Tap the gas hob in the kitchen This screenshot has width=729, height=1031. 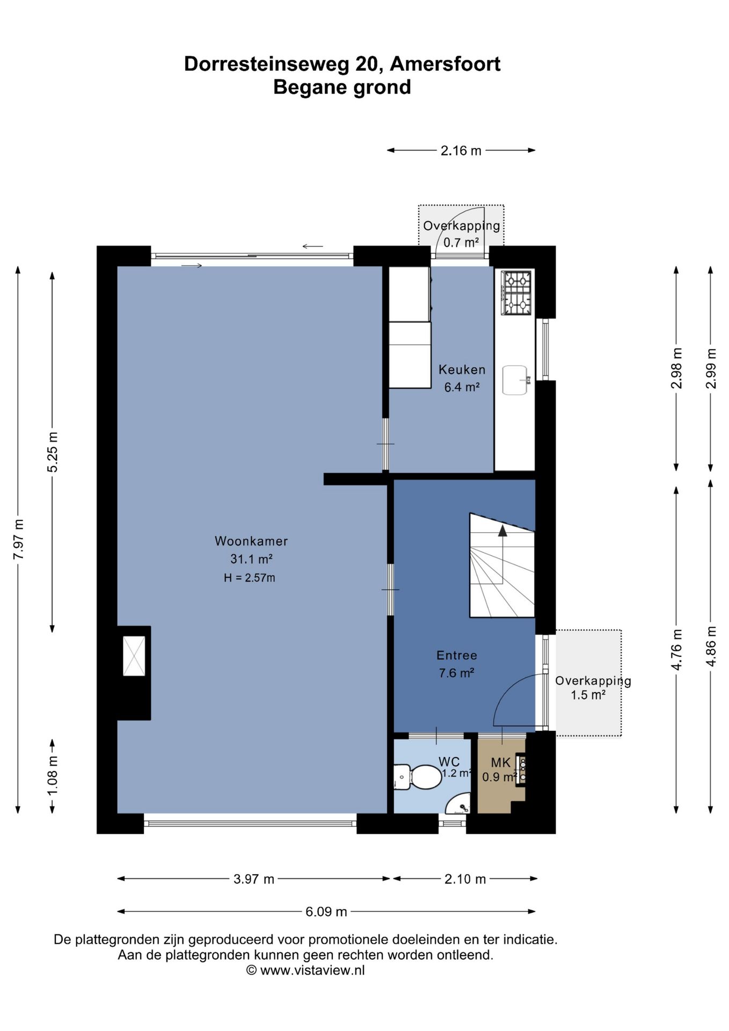[x=516, y=293]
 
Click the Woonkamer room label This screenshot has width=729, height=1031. [x=251, y=541]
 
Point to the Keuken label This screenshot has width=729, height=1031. [x=462, y=369]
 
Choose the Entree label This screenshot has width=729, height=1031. [x=457, y=655]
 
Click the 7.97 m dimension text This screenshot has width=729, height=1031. [x=19, y=539]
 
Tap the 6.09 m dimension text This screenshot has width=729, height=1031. [x=326, y=911]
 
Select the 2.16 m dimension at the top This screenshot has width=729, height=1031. [x=461, y=151]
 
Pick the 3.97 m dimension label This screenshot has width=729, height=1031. [x=254, y=879]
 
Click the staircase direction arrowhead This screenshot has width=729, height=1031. [x=502, y=531]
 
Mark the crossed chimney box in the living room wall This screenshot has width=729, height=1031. [x=134, y=656]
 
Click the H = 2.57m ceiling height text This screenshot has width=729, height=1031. [x=250, y=578]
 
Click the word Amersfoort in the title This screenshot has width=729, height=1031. [x=445, y=64]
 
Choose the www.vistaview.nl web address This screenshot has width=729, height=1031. [x=312, y=970]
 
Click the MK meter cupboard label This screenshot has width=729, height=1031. [x=501, y=763]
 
